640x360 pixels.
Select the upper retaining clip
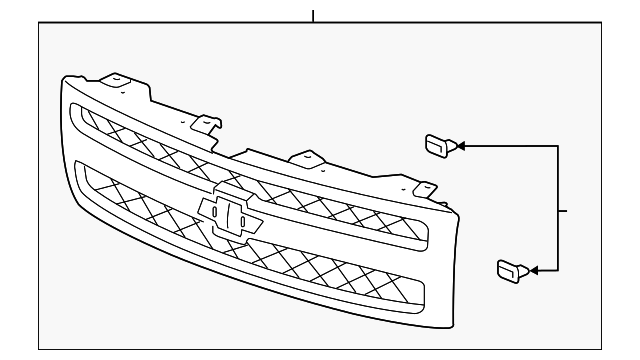(x=438, y=146)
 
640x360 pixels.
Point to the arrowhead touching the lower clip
(x=532, y=269)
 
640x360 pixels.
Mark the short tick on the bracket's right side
(x=563, y=210)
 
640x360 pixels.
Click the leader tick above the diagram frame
(x=313, y=15)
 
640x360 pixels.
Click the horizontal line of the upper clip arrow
(x=510, y=146)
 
